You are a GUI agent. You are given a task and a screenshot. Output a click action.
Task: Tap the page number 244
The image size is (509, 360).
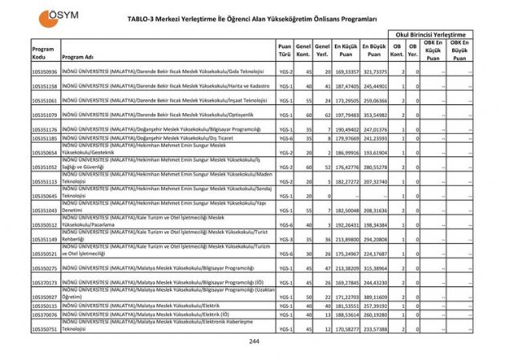pyautogui.click(x=254, y=341)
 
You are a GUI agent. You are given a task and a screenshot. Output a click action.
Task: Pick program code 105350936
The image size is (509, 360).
pyautogui.click(x=44, y=72)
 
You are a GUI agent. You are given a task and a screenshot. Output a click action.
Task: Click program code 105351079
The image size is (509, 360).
pyautogui.click(x=44, y=115)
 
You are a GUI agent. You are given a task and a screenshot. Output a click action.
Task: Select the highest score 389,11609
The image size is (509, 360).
pyautogui.click(x=374, y=297)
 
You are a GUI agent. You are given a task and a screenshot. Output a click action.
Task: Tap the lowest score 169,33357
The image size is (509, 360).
pyautogui.click(x=345, y=72)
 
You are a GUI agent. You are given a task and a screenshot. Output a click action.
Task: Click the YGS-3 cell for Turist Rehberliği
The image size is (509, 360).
pyautogui.click(x=284, y=239)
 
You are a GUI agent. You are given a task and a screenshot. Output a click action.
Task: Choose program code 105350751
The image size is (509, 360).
pyautogui.click(x=44, y=329)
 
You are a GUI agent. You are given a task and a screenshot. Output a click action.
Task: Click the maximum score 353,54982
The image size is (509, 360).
pyautogui.click(x=374, y=115)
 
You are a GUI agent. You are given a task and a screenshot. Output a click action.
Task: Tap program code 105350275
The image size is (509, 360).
pyautogui.click(x=44, y=268)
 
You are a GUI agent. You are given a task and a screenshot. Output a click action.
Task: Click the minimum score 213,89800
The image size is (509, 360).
pyautogui.click(x=345, y=239)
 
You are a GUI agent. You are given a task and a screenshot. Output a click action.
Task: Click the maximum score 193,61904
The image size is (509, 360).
pyautogui.click(x=374, y=152)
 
